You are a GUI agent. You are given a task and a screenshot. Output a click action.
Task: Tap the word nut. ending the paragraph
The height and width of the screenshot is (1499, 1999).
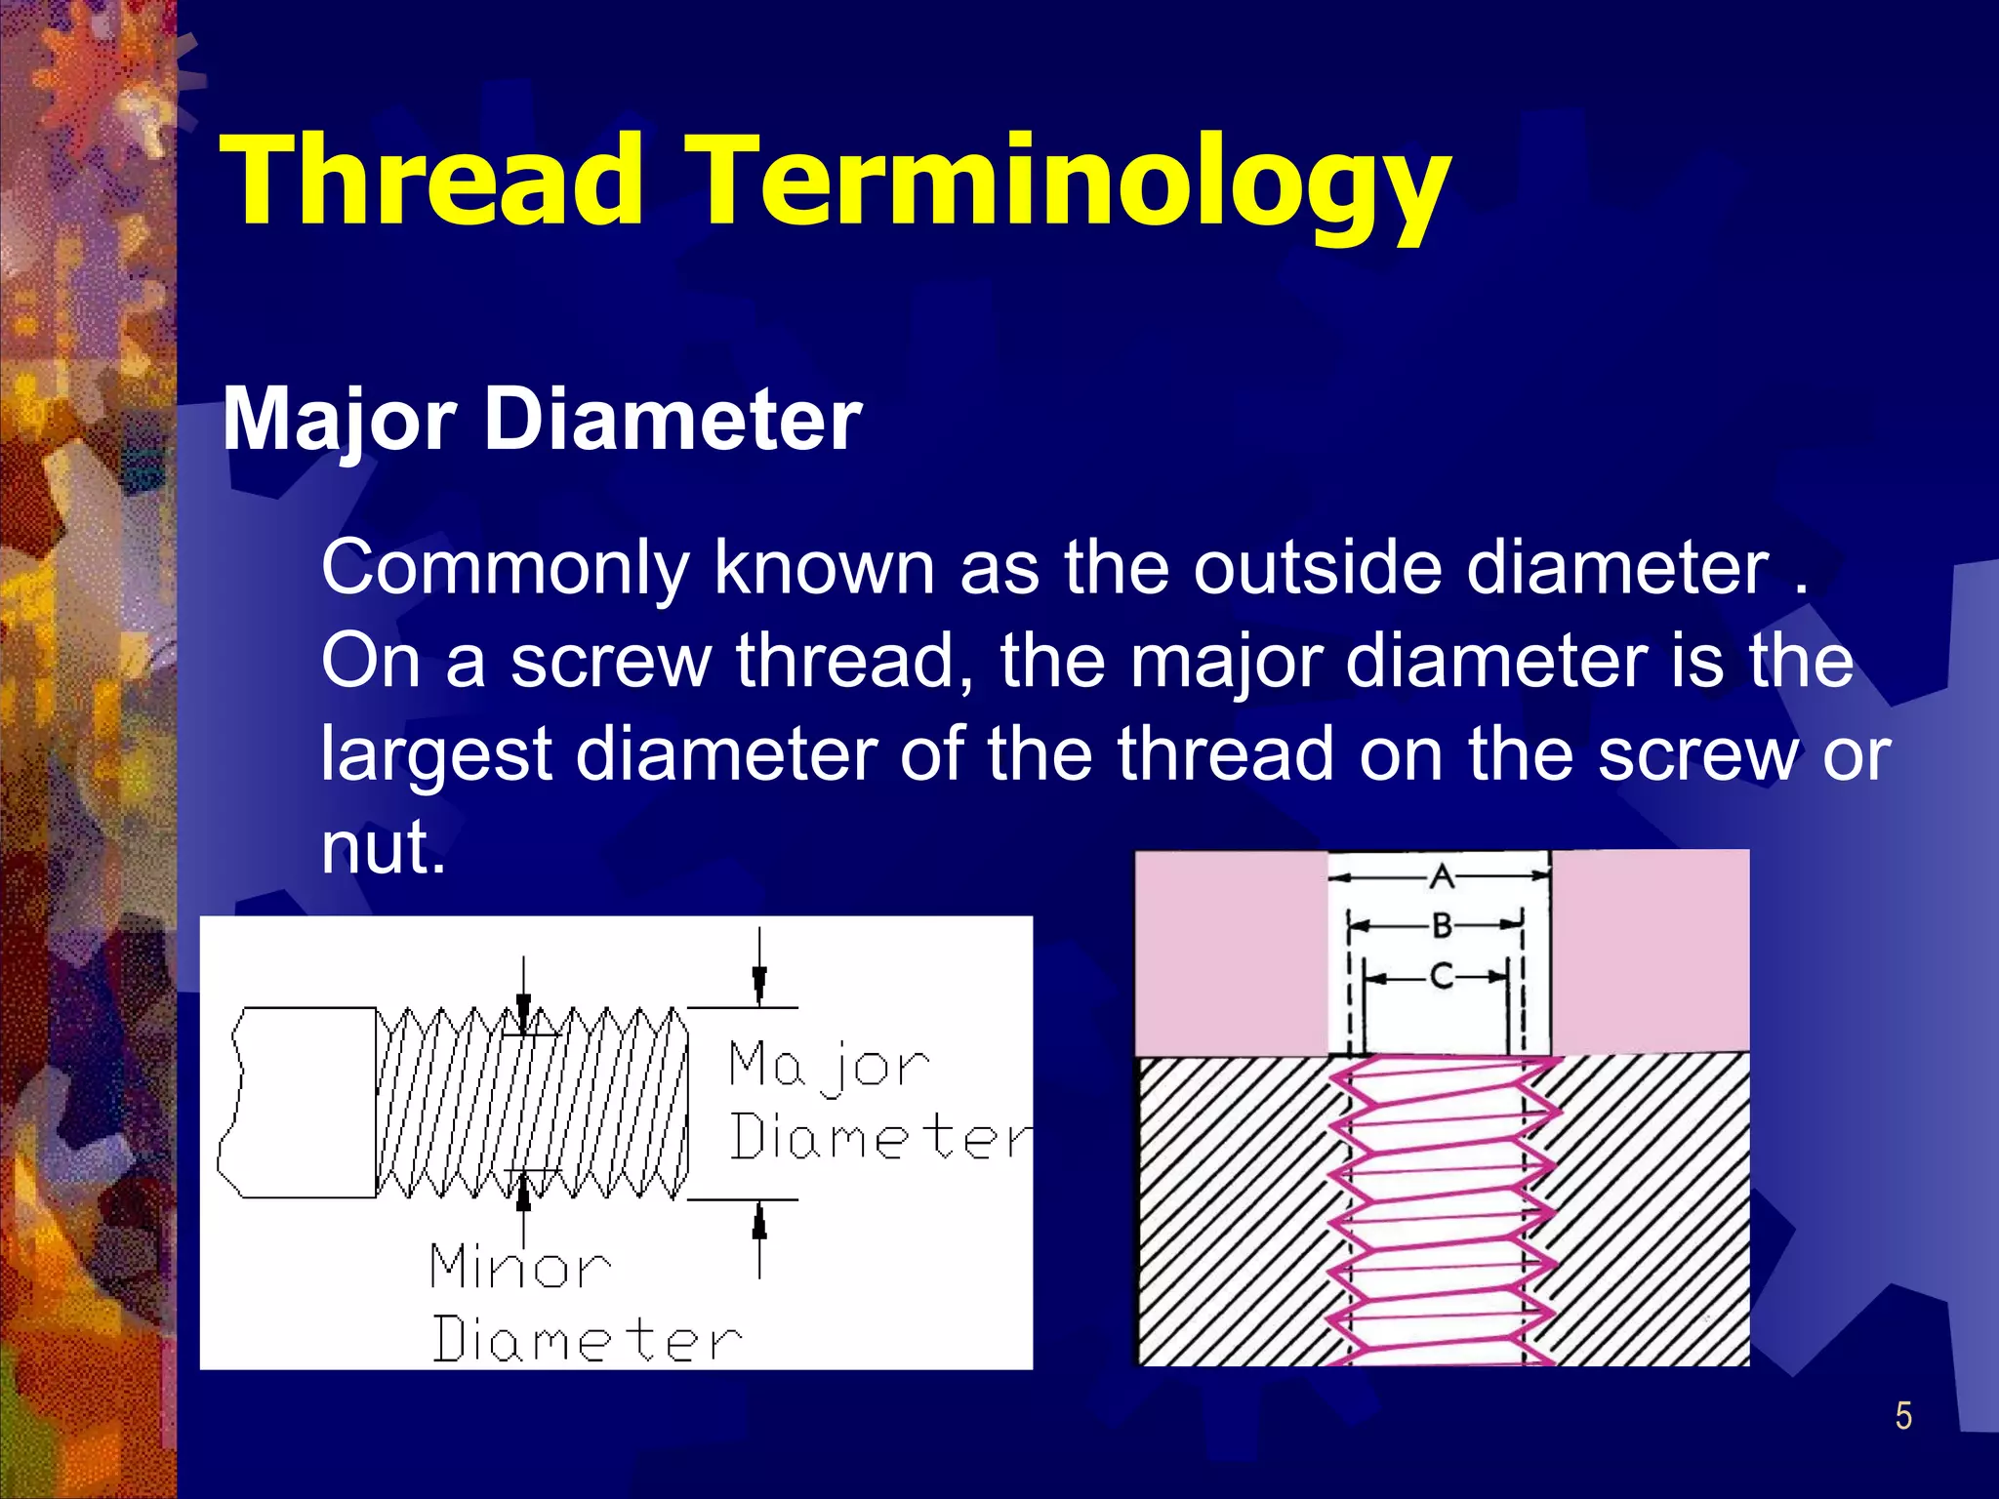point(383,847)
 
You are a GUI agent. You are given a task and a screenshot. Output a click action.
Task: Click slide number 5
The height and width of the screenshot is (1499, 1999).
point(1902,1416)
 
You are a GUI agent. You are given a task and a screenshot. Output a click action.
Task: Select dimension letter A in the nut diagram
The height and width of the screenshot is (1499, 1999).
point(1442,877)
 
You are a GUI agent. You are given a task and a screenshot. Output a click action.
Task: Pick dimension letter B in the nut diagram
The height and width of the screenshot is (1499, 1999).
point(1442,925)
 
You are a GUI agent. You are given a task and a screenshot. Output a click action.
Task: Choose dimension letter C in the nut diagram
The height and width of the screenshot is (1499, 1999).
point(1441,976)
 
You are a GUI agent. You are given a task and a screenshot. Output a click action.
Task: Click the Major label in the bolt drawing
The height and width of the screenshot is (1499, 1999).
point(829,1065)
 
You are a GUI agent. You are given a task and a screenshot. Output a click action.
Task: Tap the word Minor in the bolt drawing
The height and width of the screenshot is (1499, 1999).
point(520,1267)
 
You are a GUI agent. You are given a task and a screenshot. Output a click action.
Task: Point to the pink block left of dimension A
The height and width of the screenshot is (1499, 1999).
point(1231,952)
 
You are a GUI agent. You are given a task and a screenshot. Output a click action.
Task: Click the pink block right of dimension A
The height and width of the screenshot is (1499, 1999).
point(1650,952)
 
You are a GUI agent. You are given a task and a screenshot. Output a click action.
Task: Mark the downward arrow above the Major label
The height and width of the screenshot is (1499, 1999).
point(759,980)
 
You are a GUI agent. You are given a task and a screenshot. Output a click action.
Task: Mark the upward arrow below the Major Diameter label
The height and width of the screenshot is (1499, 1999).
point(759,1226)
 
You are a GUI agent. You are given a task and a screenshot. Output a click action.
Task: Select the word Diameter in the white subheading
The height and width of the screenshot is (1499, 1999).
point(673,421)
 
